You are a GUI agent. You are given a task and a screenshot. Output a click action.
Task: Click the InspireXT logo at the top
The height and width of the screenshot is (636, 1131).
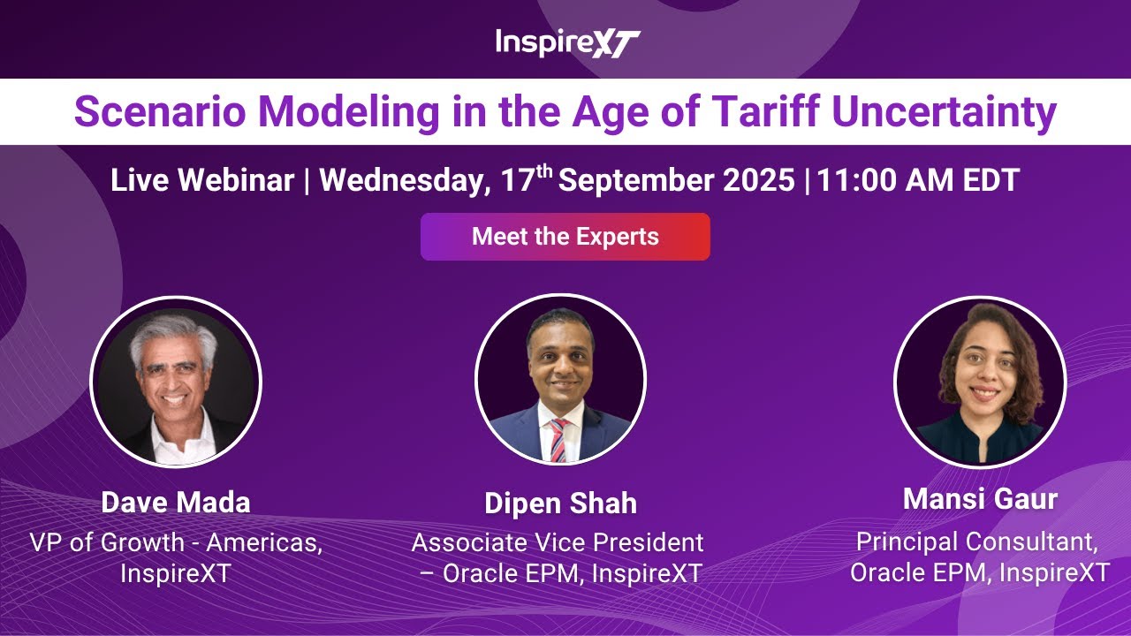[566, 42]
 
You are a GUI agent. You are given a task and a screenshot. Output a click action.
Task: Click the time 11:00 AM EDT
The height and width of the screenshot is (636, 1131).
[918, 181]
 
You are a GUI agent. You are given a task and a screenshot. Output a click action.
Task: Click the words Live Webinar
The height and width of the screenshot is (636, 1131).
[202, 181]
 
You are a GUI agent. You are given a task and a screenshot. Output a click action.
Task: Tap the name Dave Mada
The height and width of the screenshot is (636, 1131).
[176, 503]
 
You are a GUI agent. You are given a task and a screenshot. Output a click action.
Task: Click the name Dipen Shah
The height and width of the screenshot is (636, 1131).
[560, 504]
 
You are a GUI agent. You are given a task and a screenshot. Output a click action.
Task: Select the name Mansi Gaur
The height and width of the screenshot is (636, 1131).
[980, 499]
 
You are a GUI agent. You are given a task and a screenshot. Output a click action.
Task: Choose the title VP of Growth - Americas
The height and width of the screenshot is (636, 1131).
[176, 542]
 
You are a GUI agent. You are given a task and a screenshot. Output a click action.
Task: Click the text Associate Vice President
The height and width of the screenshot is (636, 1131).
[558, 542]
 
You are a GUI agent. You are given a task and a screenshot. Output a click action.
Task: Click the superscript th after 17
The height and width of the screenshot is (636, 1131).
[544, 171]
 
